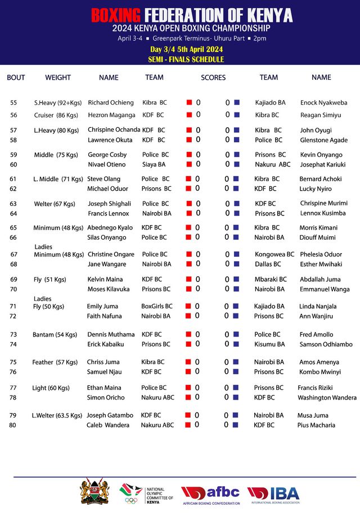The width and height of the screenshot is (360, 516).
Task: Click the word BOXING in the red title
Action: point(116,15)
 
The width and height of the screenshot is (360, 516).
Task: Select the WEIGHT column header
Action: point(58,78)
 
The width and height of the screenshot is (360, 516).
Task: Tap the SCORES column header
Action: point(213,78)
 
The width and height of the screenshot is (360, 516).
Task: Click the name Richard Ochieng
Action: point(111,103)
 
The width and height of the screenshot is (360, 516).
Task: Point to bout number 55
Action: point(13,103)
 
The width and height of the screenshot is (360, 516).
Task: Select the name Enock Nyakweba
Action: point(323,103)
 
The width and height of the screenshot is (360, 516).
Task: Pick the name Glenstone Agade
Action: point(323,140)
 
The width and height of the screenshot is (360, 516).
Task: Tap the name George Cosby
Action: point(107,155)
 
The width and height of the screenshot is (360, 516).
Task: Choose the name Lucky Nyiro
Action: point(316,189)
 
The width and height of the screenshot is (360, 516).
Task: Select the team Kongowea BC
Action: point(274,254)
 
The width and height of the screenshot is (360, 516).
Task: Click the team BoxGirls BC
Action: point(157,307)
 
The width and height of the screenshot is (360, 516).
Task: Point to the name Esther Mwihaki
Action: point(321,264)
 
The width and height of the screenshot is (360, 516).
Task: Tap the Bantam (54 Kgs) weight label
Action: point(55,335)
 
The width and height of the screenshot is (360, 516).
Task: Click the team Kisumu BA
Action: point(269,344)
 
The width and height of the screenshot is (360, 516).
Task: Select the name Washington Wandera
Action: point(327,397)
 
